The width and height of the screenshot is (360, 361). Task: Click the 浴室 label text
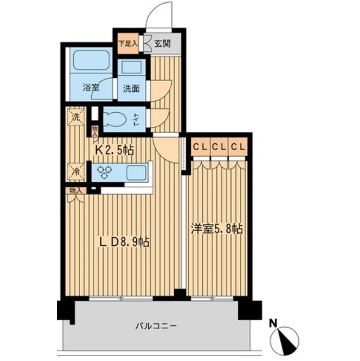[x=91, y=87]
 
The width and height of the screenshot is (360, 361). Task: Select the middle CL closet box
[x=219, y=147]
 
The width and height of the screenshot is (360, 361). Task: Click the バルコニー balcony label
[x=156, y=326]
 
